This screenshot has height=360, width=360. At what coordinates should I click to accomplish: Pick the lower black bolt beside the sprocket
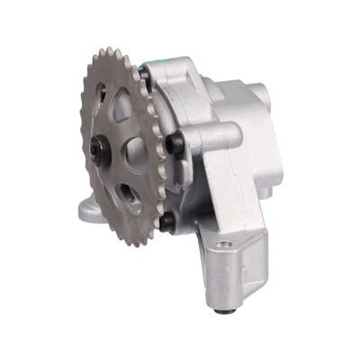166,220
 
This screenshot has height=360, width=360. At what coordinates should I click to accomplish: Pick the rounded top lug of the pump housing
184,67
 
